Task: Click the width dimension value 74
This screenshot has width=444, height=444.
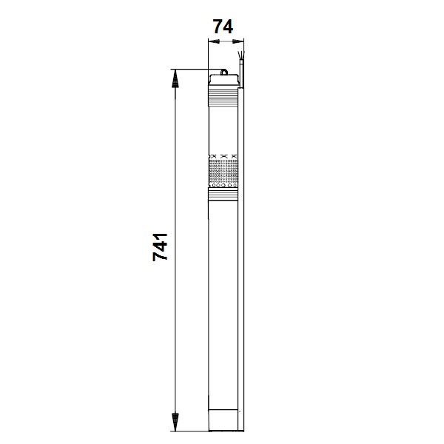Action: pyautogui.click(x=223, y=27)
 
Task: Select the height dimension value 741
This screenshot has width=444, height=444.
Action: pyautogui.click(x=161, y=246)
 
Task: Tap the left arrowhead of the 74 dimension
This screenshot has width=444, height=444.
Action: pyautogui.click(x=210, y=42)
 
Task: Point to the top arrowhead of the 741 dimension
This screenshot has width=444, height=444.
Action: pyautogui.click(x=175, y=74)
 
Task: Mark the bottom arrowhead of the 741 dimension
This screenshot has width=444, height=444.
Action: pyautogui.click(x=175, y=429)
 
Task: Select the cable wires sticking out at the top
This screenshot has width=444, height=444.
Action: pyautogui.click(x=241, y=58)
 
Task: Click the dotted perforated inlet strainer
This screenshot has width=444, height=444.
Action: pyautogui.click(x=223, y=173)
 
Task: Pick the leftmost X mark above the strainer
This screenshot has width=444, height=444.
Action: pyautogui.click(x=213, y=155)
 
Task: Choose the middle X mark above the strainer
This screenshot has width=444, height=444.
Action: pyautogui.click(x=223, y=155)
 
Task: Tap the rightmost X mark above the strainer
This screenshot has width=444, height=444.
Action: pyautogui.click(x=234, y=155)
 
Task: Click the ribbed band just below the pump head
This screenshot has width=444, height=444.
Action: pyautogui.click(x=223, y=95)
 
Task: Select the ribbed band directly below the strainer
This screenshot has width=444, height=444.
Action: pyautogui.click(x=223, y=195)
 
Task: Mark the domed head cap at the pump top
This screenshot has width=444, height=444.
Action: pyautogui.click(x=223, y=81)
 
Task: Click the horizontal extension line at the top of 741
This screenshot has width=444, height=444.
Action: pyautogui.click(x=192, y=70)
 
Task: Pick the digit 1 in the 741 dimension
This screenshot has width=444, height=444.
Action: pyautogui.click(x=161, y=234)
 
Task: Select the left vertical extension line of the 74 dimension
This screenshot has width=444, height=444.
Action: pyautogui.click(x=207, y=55)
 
